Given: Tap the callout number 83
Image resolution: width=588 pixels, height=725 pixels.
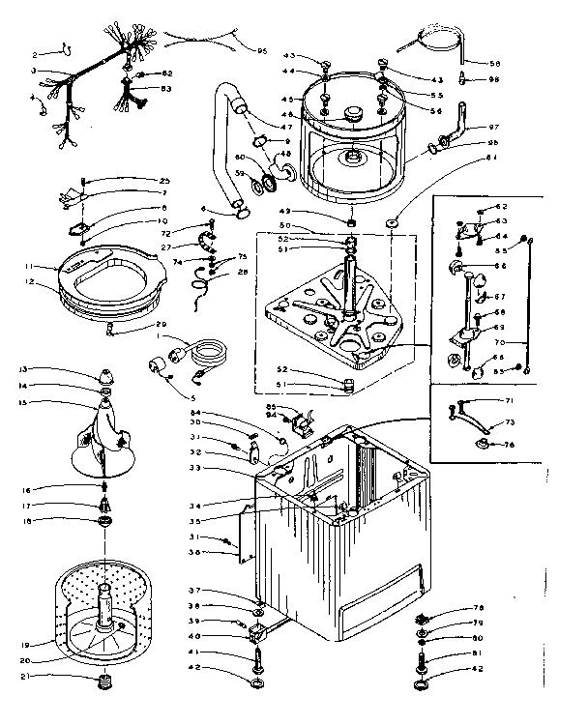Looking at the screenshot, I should (166, 88).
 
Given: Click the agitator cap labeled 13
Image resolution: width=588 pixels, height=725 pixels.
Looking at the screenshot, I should (103, 376).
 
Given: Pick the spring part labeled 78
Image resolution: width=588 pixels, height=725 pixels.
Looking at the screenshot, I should (422, 619).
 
